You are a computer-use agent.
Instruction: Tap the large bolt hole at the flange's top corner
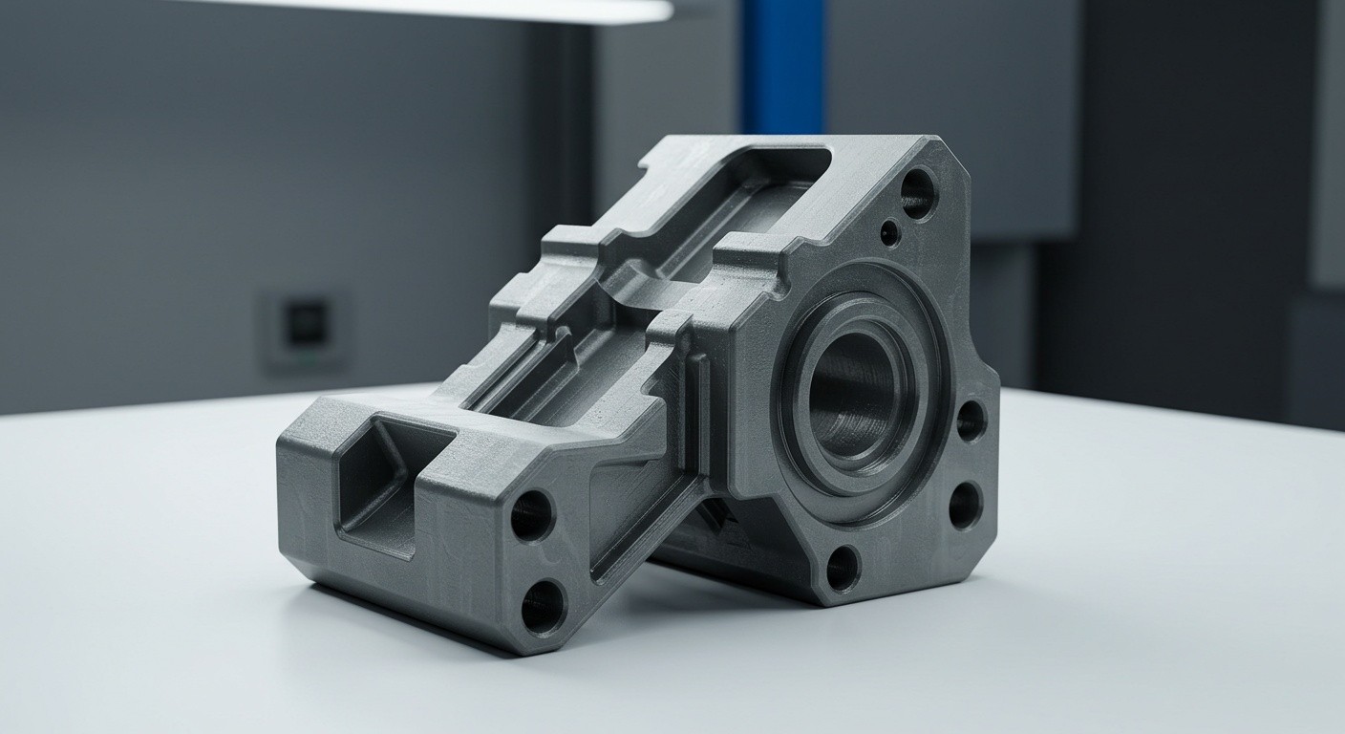pyautogui.click(x=918, y=193)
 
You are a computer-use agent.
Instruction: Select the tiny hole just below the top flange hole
pyautogui.click(x=889, y=232)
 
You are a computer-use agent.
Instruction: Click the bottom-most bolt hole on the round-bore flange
pyautogui.click(x=842, y=568)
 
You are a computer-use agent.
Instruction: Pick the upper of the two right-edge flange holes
pyautogui.click(x=971, y=420)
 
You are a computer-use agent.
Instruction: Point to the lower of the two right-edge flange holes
pyautogui.click(x=964, y=506)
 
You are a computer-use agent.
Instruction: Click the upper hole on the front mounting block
pyautogui.click(x=531, y=515)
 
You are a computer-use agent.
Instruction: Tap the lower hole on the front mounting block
pyautogui.click(x=543, y=606)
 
